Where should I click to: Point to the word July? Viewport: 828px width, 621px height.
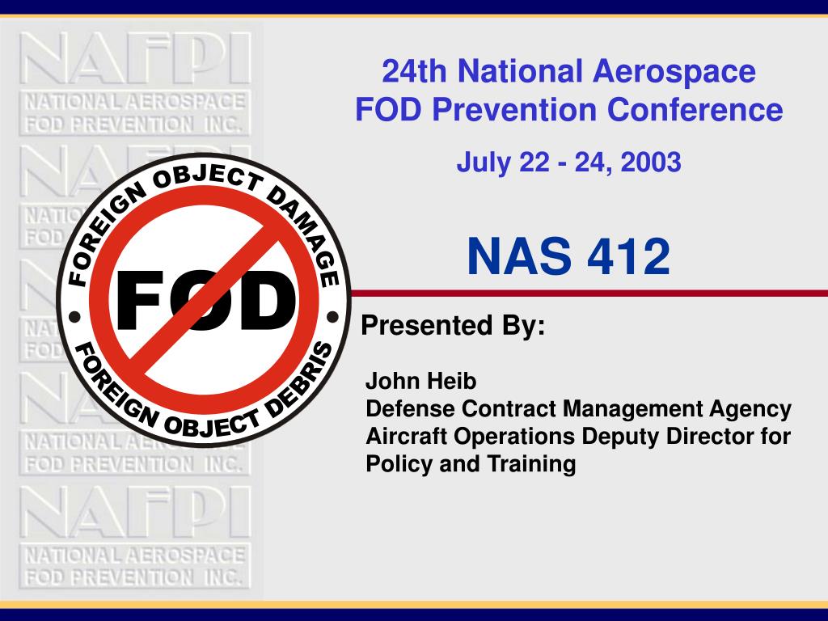pos(484,163)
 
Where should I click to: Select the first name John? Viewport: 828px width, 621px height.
pos(391,381)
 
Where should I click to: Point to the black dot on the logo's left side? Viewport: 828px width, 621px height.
pos(74,318)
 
